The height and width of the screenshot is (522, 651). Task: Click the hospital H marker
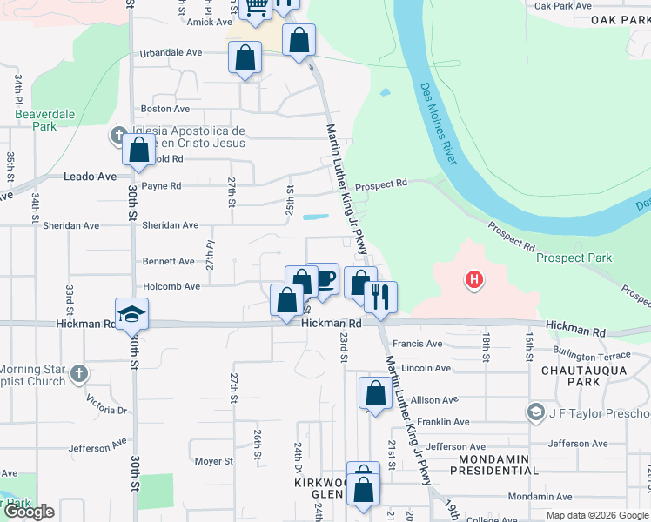(474, 280)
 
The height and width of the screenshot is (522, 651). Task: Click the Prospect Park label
(574, 258)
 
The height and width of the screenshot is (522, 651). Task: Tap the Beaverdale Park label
(45, 120)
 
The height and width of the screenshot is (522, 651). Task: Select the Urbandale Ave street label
(171, 52)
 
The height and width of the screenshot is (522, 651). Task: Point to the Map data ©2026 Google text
(597, 514)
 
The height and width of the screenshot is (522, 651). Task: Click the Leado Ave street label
(90, 176)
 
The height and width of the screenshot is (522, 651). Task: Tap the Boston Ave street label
(164, 109)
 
